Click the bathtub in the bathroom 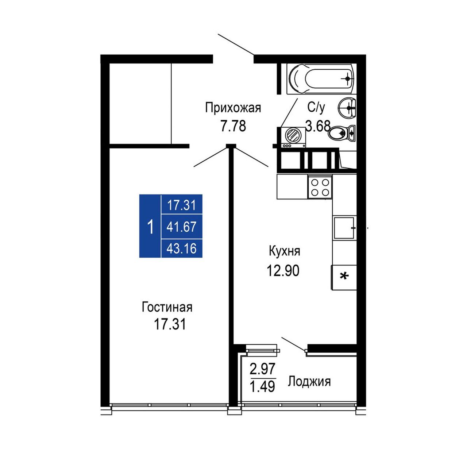[x=321, y=79]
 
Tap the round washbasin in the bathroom [x=347, y=108]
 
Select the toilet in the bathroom [x=342, y=133]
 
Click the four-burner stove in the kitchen [x=320, y=186]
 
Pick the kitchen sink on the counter [x=344, y=228]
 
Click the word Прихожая [x=233, y=108]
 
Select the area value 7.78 [x=233, y=126]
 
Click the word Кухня [x=285, y=251]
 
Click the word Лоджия [x=309, y=382]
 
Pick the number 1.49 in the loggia [x=262, y=386]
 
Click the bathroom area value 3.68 [x=318, y=126]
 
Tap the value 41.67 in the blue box [x=182, y=227]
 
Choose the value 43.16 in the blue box [x=182, y=248]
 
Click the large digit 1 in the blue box [x=150, y=227]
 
